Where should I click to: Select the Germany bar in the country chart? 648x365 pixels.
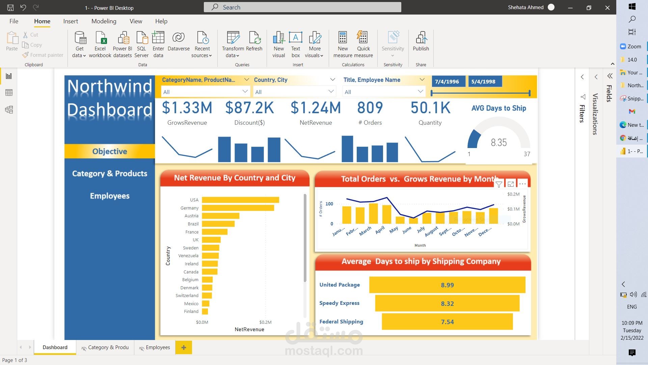[238, 208]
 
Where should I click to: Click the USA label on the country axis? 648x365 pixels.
[194, 200]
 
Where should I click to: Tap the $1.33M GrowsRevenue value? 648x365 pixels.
[187, 108]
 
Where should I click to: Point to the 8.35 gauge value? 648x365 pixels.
[498, 143]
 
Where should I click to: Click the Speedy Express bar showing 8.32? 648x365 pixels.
[447, 303]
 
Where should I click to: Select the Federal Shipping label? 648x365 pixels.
[341, 322]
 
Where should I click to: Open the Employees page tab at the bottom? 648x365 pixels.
[158, 347]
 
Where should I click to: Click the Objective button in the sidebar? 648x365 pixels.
[110, 151]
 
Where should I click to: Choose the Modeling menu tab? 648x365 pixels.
[104, 21]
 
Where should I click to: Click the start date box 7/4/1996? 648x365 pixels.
[447, 81]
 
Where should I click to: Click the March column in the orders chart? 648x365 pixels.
[373, 213]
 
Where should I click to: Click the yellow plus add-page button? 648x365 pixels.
[184, 347]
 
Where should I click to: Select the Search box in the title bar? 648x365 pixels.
[302, 7]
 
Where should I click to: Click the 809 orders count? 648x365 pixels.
[370, 108]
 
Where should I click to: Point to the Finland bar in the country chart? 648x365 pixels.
[205, 312]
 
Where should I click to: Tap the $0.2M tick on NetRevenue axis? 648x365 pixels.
[265, 322]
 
